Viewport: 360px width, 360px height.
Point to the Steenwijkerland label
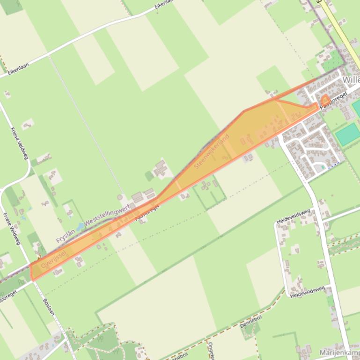click(x=212, y=151)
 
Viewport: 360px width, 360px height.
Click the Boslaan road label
click(x=49, y=307)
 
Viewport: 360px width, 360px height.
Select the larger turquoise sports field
click(x=348, y=135)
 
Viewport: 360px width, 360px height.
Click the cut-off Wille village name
click(x=351, y=80)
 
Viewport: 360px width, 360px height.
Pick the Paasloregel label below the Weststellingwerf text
click(x=147, y=212)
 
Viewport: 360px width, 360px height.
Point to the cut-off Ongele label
click(x=211, y=350)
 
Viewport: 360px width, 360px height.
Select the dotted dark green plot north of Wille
click(x=333, y=61)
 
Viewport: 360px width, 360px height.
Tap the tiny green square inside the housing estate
click(x=323, y=167)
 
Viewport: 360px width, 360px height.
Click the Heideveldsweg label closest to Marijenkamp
click(x=307, y=292)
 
